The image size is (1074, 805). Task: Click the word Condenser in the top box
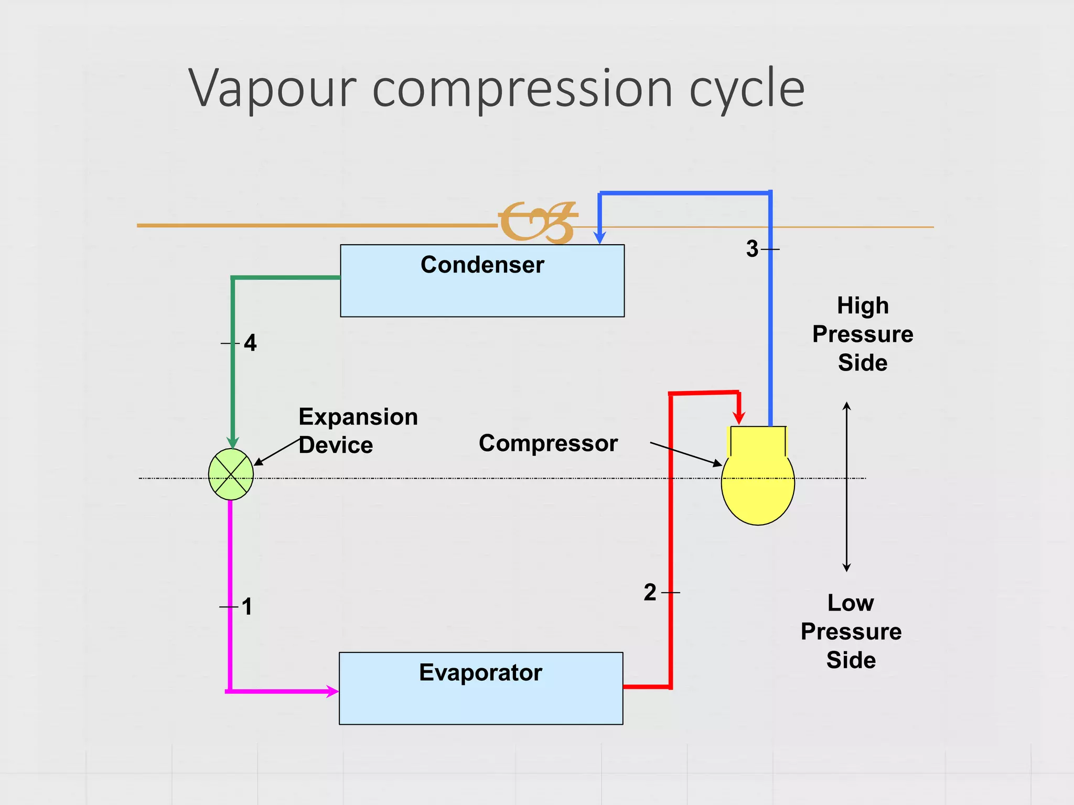(x=482, y=265)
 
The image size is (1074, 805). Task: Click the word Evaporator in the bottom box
(x=480, y=672)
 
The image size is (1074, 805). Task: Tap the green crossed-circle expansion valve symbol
(x=231, y=474)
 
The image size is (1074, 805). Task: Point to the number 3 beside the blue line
(x=752, y=249)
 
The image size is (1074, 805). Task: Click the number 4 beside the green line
(x=250, y=343)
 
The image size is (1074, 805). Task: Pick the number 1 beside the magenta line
(x=247, y=607)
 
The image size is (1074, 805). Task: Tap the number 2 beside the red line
(x=650, y=593)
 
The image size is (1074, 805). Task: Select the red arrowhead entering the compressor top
(x=739, y=418)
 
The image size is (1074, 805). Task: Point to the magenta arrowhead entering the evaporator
(x=332, y=691)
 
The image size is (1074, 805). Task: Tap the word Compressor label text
(x=548, y=443)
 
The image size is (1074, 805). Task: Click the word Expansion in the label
(x=358, y=417)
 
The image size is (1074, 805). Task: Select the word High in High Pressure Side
(x=863, y=306)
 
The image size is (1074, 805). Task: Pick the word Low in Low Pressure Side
(x=851, y=603)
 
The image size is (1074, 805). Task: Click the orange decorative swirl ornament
(x=538, y=222)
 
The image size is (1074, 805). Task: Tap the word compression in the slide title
(x=522, y=89)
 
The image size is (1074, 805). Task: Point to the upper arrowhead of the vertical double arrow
(x=846, y=407)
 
